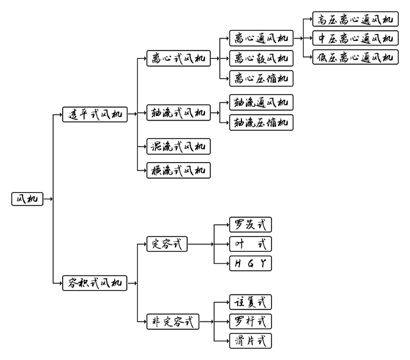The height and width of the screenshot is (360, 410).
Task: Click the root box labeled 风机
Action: [x=26, y=199]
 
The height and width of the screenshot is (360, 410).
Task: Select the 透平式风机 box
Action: [x=95, y=115]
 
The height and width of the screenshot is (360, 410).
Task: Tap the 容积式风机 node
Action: [x=95, y=282]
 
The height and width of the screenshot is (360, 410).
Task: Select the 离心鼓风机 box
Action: [x=261, y=58]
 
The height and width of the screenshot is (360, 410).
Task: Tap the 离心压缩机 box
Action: [x=261, y=79]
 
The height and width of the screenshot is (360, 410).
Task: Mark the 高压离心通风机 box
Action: [x=354, y=19]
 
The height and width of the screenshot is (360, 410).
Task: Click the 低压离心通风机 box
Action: [x=354, y=58]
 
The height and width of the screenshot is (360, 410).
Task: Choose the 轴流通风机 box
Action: [x=261, y=102]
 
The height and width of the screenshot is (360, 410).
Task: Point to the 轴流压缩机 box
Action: [x=261, y=122]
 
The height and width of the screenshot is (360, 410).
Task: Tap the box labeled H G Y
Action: [x=250, y=263]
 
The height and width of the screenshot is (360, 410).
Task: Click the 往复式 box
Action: [x=250, y=302]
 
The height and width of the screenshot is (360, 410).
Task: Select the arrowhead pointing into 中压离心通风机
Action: [x=310, y=38]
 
